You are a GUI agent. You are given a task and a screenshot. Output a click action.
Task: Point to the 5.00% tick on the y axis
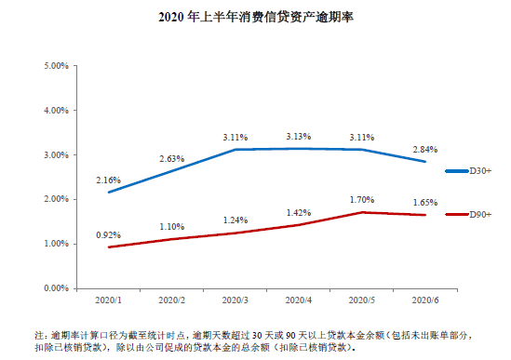click(56, 66)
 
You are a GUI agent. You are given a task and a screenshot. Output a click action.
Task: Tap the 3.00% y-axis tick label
click(56, 155)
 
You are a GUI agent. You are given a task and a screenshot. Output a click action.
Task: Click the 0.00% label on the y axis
click(56, 288)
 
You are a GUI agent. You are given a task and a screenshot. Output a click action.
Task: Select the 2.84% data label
click(424, 149)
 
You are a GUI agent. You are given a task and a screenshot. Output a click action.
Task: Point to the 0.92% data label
click(109, 234)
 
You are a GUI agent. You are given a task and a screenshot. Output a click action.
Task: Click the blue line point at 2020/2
click(172, 171)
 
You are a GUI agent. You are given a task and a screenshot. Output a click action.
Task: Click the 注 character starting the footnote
click(39, 334)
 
